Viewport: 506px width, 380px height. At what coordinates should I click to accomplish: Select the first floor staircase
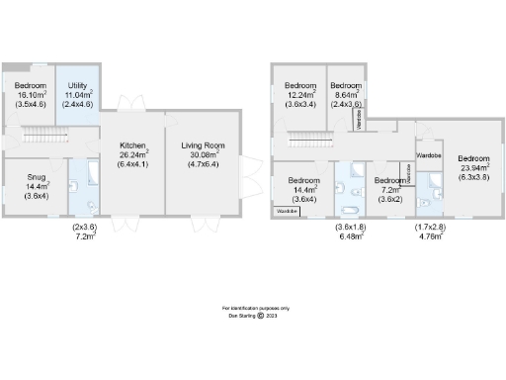309,140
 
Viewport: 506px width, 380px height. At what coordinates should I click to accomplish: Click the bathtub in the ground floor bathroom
90,176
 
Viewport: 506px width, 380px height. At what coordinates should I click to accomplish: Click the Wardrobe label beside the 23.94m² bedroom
429,155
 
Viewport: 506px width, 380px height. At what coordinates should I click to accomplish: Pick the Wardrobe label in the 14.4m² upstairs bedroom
287,212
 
